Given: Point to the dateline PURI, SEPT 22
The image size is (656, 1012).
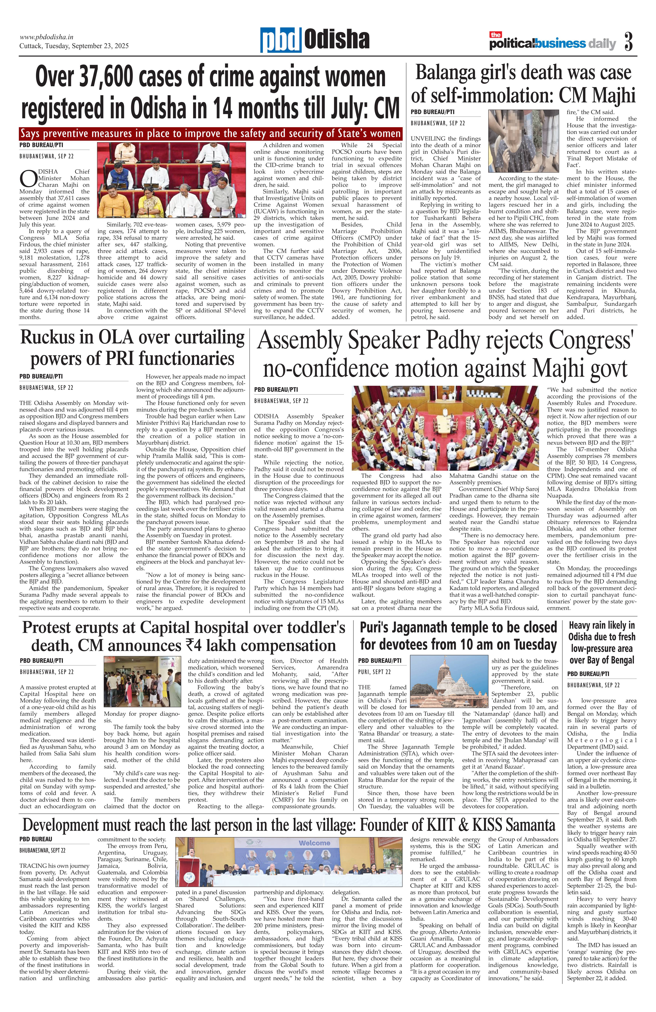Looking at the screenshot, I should coord(374,672).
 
